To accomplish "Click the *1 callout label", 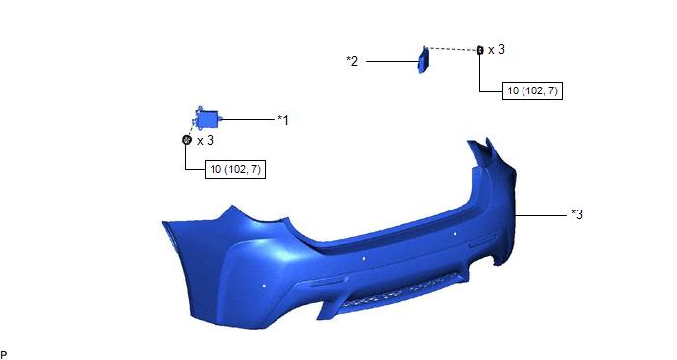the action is coord(283,120).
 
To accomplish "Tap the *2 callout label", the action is coord(352,61).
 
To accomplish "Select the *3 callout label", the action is coord(577,214).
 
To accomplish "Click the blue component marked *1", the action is coord(207,119).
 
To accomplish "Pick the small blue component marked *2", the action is coord(423,60).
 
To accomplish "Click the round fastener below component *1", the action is coord(187,140).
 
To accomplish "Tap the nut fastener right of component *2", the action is coord(480,50).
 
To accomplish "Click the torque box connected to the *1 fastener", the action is coord(235,169).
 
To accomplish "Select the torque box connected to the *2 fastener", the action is coord(532,91).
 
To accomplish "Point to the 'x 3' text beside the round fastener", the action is coord(205,141).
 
